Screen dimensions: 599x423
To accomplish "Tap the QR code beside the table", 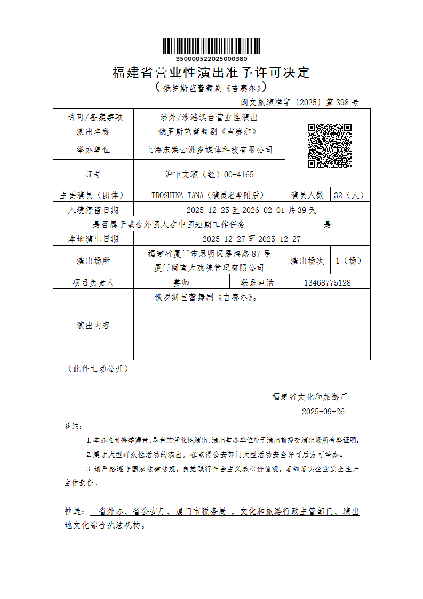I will tap(329, 146).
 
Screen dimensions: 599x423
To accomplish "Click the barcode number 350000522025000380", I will tap(211, 59).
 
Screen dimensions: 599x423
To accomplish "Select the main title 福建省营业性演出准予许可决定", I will tap(211, 72).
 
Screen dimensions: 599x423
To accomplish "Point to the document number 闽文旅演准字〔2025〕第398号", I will tap(300, 101).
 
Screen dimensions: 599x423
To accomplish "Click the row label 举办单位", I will tap(93, 149).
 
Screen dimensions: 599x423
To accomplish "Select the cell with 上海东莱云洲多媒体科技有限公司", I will tap(209, 149).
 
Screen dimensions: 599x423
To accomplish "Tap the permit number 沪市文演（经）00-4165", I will tap(209, 174).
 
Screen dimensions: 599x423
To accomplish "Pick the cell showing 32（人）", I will tap(350, 195).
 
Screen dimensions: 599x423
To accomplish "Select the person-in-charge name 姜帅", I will tap(181, 282).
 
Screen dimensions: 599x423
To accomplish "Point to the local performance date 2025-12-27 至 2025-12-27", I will tap(252, 239).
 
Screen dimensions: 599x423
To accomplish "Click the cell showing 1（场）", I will tap(350, 261).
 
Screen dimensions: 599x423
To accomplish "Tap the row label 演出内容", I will tap(93, 325).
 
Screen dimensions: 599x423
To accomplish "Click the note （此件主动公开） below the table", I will tap(96, 368).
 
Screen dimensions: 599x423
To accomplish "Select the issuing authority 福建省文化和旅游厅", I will tap(309, 397).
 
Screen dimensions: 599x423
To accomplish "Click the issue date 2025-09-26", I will tap(323, 411).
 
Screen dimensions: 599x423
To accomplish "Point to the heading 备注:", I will tap(74, 427).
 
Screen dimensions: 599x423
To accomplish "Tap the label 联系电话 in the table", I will tap(257, 282).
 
